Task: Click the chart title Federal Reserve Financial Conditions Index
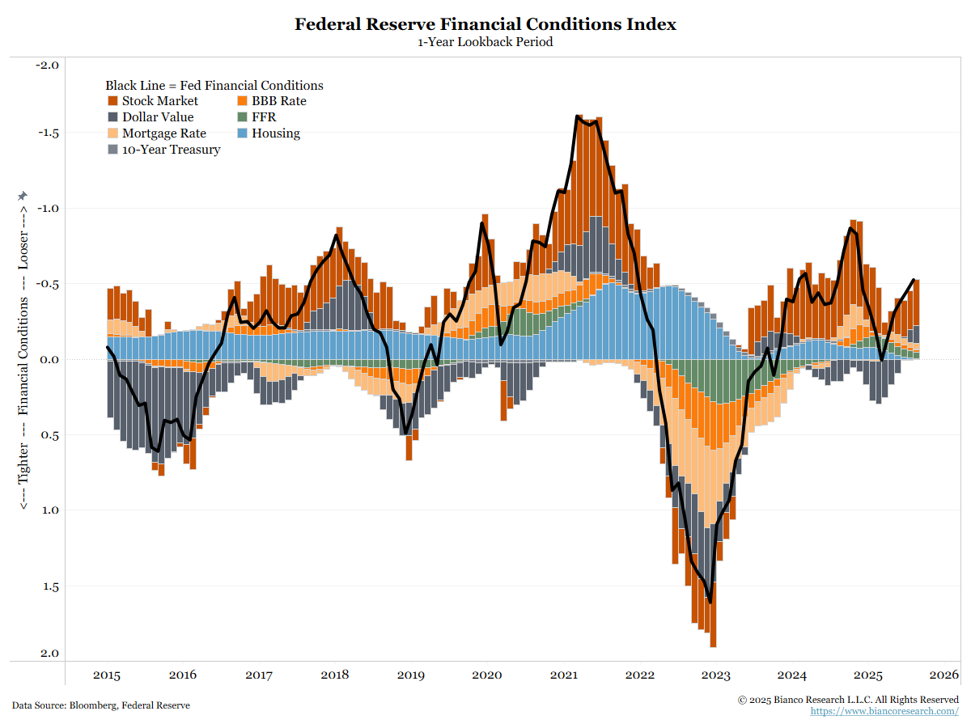(485, 24)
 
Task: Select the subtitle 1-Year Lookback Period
(485, 42)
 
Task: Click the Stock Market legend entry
(159, 101)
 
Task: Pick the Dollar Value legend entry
(157, 117)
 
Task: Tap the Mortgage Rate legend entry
(163, 133)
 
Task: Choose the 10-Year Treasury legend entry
(171, 150)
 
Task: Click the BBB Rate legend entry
(278, 101)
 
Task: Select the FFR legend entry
(263, 117)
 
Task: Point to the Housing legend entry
(275, 133)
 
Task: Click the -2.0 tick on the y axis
(48, 65)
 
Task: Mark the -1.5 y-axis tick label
(48, 133)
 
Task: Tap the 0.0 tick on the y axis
(49, 359)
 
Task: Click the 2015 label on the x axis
(107, 675)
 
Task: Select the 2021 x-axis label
(563, 675)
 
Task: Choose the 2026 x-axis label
(943, 675)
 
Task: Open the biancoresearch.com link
(884, 711)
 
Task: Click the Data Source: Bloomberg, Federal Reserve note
(101, 705)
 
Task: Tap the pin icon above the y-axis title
(23, 197)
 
